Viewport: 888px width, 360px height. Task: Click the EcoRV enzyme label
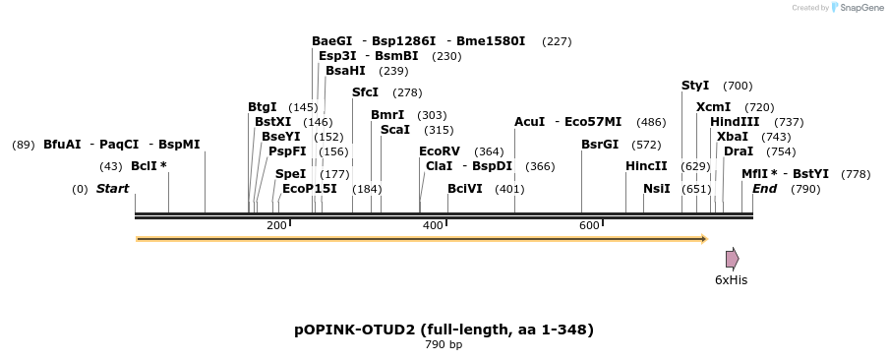(439, 151)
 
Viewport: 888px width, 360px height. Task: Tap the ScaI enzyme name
(395, 130)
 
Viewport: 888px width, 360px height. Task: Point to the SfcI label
(365, 92)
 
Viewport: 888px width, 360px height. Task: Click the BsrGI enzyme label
(600, 144)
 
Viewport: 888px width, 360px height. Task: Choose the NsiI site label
(656, 188)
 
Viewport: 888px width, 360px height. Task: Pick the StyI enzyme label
(695, 87)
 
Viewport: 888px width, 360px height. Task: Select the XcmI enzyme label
(713, 106)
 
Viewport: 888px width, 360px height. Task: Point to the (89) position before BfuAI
(24, 145)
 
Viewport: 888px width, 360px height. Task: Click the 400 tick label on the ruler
(433, 226)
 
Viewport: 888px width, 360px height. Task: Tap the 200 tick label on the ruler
(276, 226)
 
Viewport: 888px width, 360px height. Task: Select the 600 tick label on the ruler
(589, 226)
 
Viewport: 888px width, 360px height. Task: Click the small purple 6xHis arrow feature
(732, 259)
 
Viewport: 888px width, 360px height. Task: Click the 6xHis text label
(731, 279)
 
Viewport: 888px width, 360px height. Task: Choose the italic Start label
(112, 188)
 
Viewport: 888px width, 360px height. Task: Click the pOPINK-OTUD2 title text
(444, 329)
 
